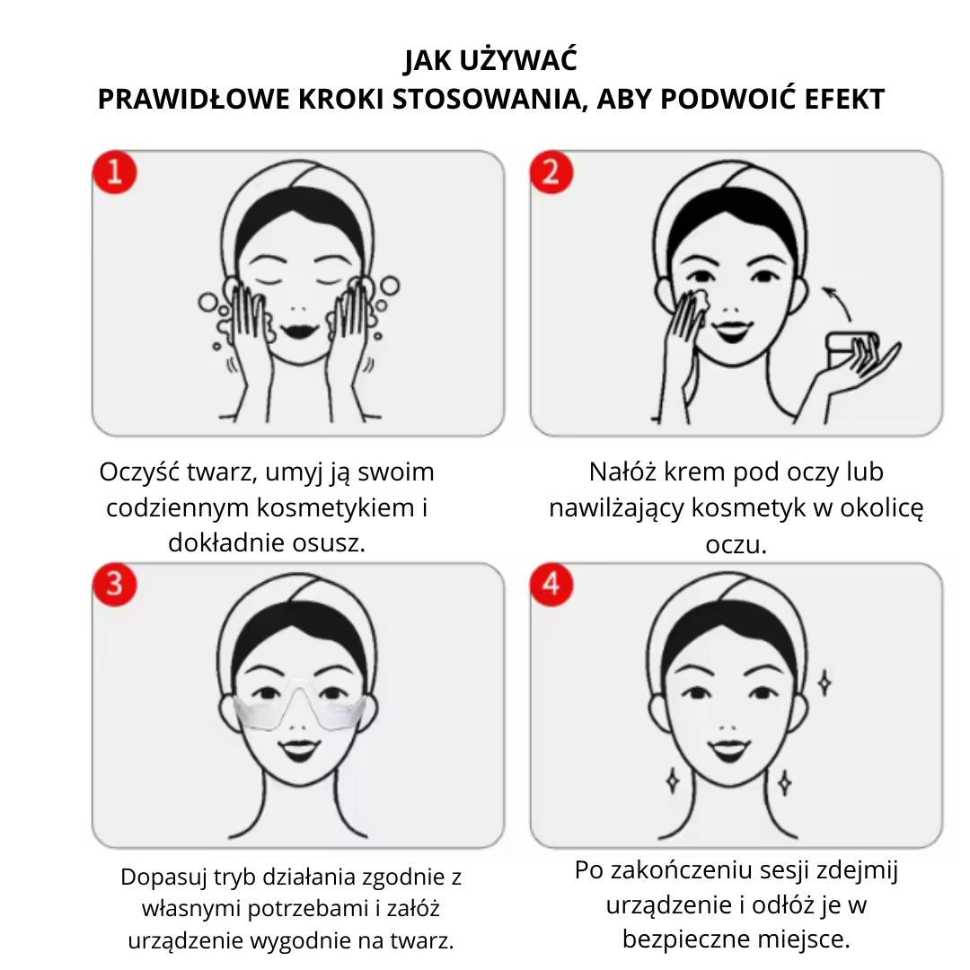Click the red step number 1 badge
click(x=115, y=172)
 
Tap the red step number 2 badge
click(x=551, y=172)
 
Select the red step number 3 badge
click(x=115, y=584)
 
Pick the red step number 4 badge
click(x=551, y=584)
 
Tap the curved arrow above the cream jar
click(x=836, y=302)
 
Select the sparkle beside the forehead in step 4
click(x=824, y=683)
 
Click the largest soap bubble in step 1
click(x=389, y=286)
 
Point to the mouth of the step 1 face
click(x=298, y=331)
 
